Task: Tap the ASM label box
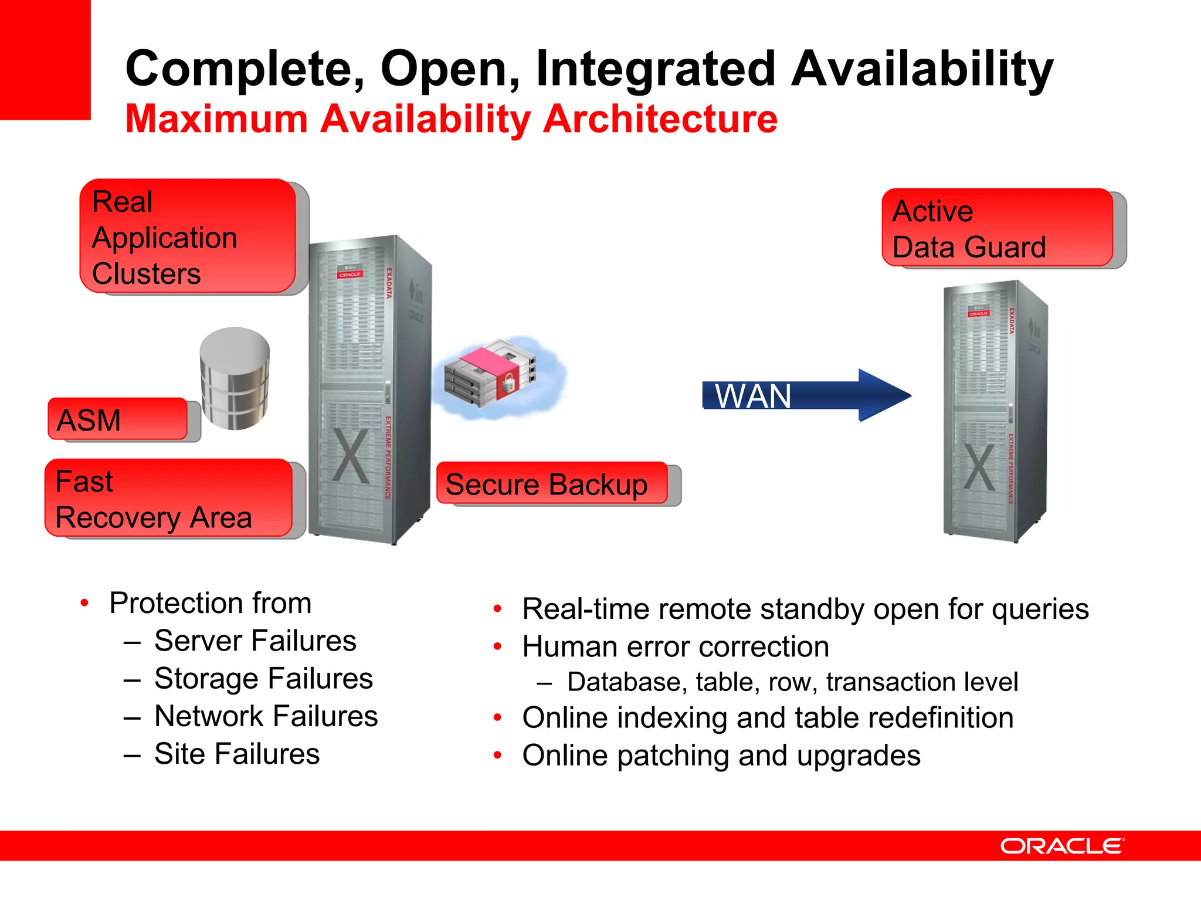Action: [x=117, y=419]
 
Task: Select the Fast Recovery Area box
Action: [x=168, y=498]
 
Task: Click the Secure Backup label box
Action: [x=552, y=483]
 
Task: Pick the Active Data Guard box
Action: [x=997, y=228]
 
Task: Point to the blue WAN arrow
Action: [x=806, y=395]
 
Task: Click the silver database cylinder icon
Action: [x=235, y=378]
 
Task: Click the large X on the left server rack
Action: [x=351, y=455]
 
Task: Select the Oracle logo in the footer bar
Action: [x=1062, y=846]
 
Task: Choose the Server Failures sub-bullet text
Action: [x=255, y=641]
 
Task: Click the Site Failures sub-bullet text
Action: [x=237, y=754]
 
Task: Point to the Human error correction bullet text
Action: [x=676, y=647]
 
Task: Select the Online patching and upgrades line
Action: [x=721, y=756]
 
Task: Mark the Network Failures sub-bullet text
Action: [x=266, y=716]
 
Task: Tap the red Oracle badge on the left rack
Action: [x=350, y=274]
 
